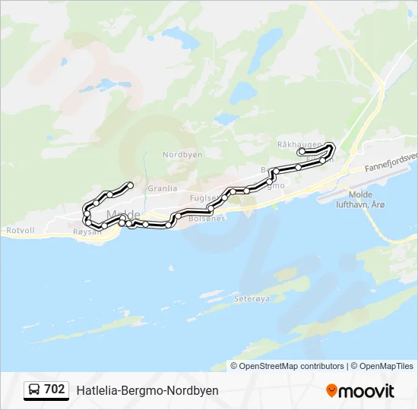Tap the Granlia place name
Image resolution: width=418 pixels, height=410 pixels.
tap(162, 188)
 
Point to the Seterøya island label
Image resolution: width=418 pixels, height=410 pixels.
tap(252, 299)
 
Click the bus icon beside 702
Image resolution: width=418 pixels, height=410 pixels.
tap(35, 389)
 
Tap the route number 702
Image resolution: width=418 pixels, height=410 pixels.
tap(55, 389)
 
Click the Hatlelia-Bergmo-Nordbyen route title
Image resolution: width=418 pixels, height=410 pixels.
tap(147, 390)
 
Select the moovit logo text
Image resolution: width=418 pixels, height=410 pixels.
tap(367, 391)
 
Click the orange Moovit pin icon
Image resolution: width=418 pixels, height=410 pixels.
tap(332, 391)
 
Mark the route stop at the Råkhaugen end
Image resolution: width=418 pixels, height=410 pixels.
tap(302, 152)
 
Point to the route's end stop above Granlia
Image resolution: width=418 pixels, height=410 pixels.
tap(131, 185)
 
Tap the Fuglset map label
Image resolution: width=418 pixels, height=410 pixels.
tap(204, 197)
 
